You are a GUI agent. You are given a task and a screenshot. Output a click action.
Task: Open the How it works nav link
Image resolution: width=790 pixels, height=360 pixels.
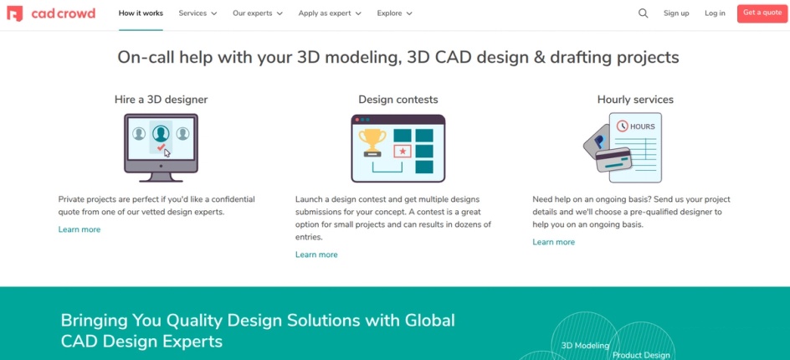point(141,13)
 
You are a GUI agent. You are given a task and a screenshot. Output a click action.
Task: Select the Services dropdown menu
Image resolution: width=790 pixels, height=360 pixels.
point(197,13)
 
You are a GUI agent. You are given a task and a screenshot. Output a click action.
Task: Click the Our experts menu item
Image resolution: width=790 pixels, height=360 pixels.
point(258,13)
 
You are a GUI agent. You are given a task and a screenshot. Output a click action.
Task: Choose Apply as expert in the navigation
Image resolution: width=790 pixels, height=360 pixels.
point(330,13)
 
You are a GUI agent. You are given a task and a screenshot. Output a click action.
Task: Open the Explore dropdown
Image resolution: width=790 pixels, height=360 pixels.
point(394,13)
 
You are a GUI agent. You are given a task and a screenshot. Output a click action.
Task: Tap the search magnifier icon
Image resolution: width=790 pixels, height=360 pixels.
point(643,13)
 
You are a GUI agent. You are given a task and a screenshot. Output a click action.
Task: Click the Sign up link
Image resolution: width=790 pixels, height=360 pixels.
point(676,13)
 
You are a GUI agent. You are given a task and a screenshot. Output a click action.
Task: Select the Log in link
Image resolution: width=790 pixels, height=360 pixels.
point(715,13)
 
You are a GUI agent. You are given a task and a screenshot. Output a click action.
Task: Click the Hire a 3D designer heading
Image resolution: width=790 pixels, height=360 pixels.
point(161,100)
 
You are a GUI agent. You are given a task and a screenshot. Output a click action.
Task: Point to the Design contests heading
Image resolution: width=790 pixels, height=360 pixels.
point(398,100)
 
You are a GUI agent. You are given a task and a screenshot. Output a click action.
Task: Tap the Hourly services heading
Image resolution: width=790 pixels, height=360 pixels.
point(635,100)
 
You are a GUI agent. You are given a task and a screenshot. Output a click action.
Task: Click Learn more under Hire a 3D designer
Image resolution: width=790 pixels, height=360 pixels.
point(80,229)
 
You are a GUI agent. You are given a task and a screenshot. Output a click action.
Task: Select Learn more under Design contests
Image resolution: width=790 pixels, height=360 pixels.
point(316,255)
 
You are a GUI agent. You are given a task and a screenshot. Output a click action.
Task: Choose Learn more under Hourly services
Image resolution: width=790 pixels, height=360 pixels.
point(553,242)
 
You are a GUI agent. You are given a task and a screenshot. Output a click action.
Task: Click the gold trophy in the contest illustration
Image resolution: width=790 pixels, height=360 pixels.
point(372,138)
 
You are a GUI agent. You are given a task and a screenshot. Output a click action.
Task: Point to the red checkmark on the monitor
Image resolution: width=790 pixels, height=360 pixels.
point(161,147)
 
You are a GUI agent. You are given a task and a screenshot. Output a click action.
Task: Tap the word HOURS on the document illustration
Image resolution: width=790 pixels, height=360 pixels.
point(642,126)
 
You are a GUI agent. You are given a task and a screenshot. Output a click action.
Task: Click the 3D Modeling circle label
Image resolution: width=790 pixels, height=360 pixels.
point(585,345)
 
